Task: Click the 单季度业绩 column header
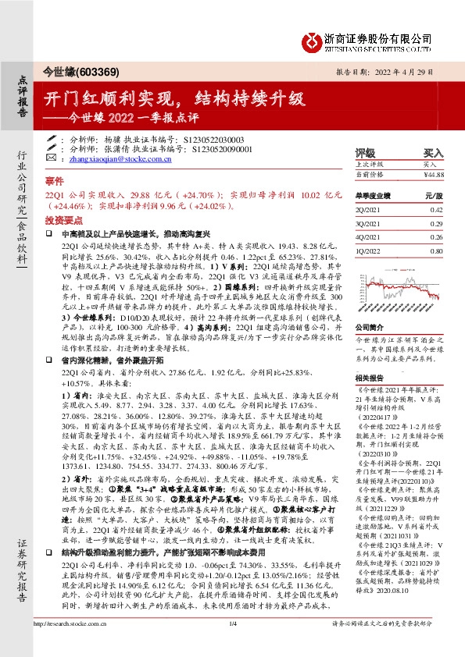376,197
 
